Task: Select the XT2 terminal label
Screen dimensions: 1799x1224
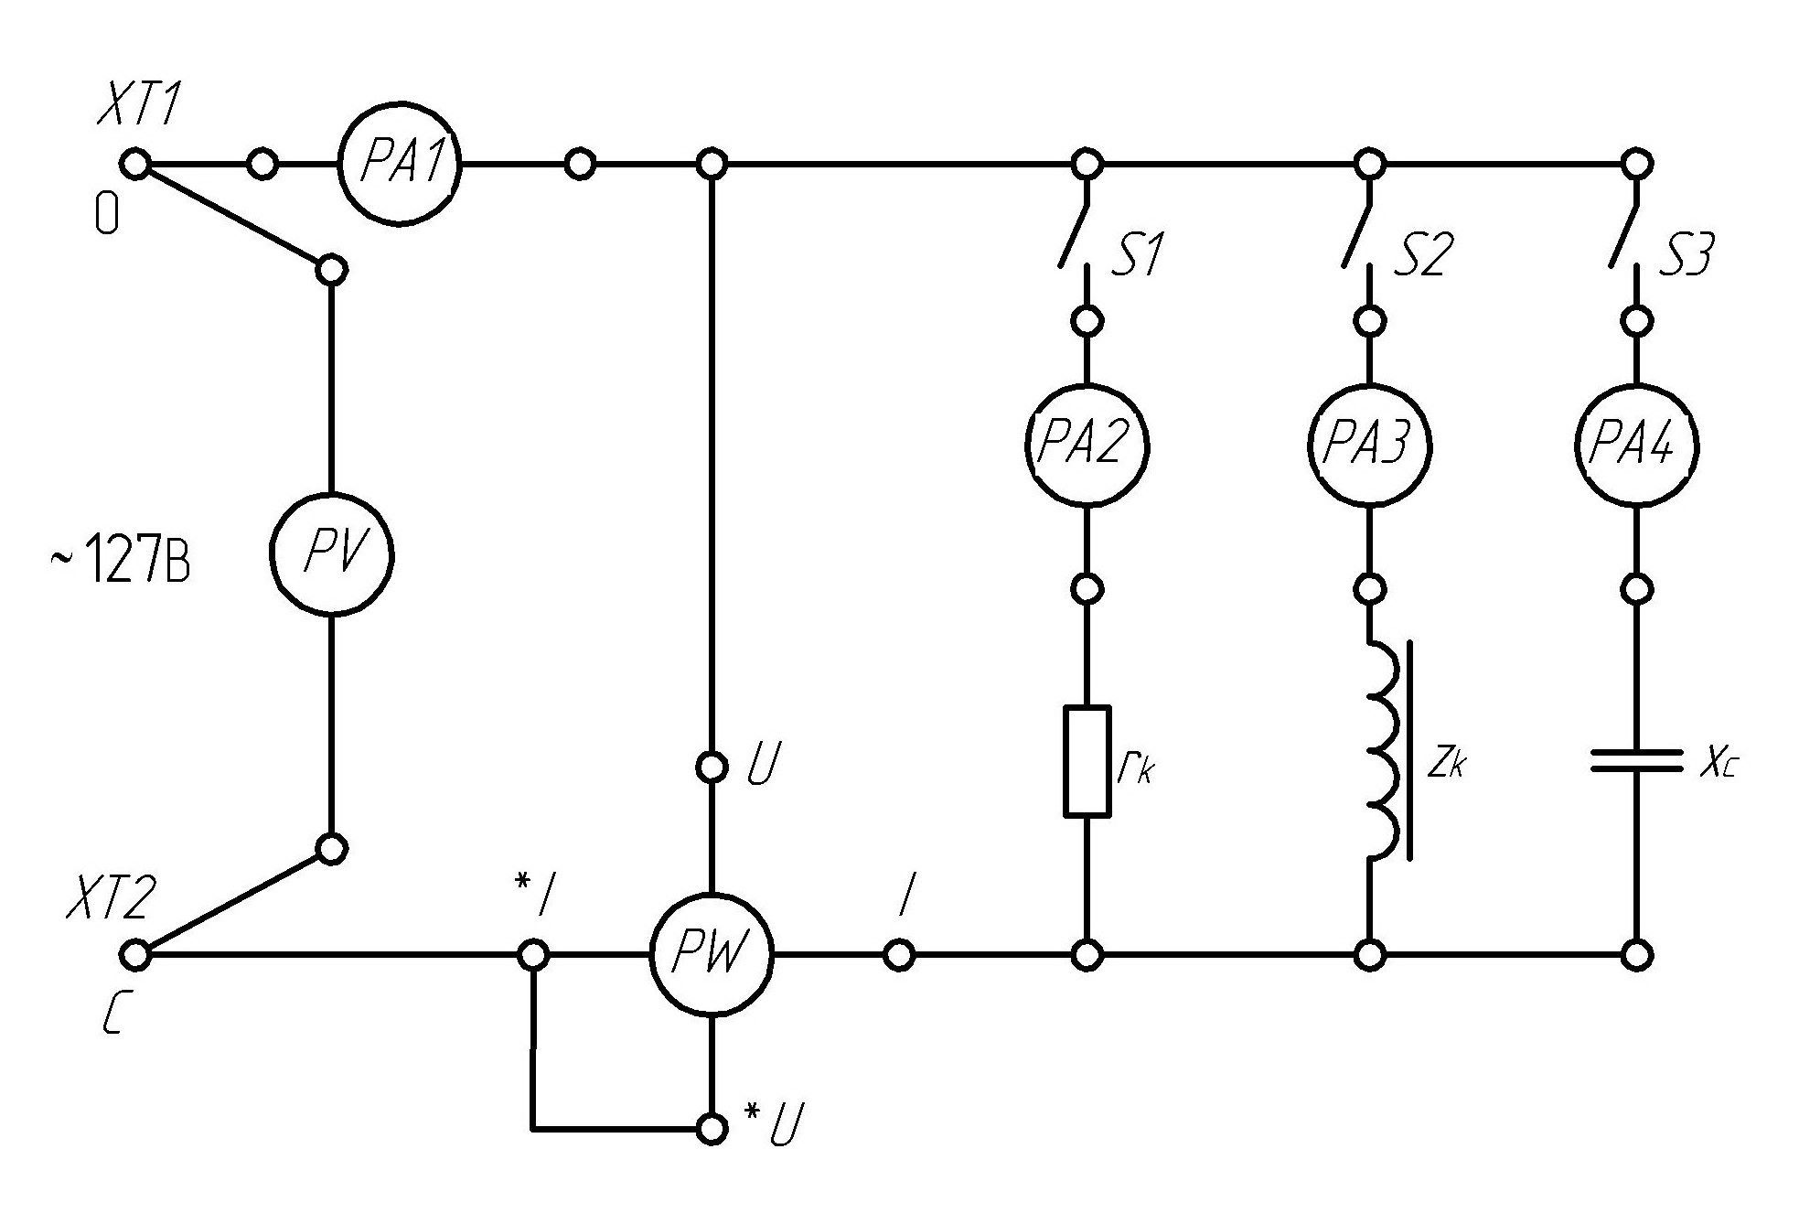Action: tap(110, 898)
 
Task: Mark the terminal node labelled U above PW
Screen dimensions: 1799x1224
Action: tap(711, 767)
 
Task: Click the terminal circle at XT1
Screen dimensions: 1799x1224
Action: tap(135, 165)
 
